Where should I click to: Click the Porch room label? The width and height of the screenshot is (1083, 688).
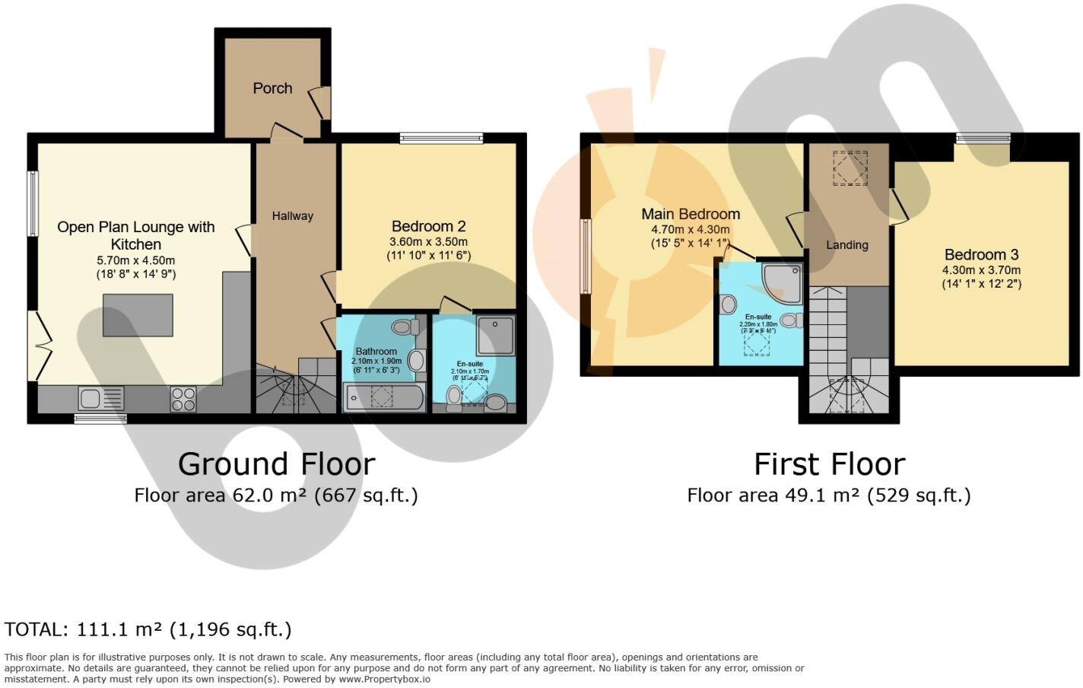point(272,88)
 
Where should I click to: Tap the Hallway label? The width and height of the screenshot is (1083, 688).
point(293,216)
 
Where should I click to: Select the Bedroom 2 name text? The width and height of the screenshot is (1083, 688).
point(428,226)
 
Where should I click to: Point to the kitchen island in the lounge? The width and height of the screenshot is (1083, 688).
point(138,315)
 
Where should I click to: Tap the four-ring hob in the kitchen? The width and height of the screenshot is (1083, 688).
point(183,399)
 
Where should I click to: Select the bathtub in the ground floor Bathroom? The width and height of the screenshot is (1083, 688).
point(384,398)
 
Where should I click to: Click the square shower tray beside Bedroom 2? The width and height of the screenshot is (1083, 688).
point(495,336)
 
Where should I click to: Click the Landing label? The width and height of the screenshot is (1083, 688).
point(847,245)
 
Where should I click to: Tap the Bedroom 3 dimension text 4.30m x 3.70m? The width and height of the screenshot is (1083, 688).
point(981,270)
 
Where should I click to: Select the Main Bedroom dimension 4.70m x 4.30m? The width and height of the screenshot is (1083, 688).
point(690,230)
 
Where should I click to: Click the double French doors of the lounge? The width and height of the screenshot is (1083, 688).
point(38,346)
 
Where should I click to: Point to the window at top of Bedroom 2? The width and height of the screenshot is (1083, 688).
point(441,139)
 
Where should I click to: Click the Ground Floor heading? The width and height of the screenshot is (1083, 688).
point(276,463)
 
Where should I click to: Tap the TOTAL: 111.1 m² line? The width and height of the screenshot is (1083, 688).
point(148,629)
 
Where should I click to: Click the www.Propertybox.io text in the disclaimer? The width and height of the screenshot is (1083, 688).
point(384,679)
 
